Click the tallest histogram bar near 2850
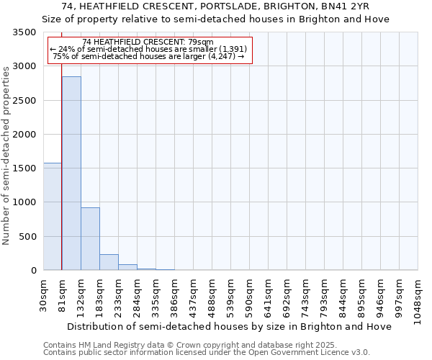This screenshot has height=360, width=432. pyautogui.click(x=71, y=173)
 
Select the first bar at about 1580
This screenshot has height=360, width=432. pyautogui.click(x=53, y=216)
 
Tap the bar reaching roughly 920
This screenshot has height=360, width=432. pyautogui.click(x=90, y=238)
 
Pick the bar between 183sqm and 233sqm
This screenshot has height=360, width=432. pyautogui.click(x=109, y=262)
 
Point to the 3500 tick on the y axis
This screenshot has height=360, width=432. pyautogui.click(x=24, y=33)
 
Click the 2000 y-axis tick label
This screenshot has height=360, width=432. pyautogui.click(x=24, y=135)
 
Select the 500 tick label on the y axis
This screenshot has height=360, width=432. pyautogui.click(x=27, y=237)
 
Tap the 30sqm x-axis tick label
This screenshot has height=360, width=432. pyautogui.click(x=44, y=294)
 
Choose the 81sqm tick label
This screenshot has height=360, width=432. pyautogui.click(x=63, y=294)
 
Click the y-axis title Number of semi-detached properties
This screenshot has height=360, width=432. pyautogui.click(x=7, y=155)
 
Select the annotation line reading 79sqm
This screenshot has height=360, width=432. pyautogui.click(x=148, y=42)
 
